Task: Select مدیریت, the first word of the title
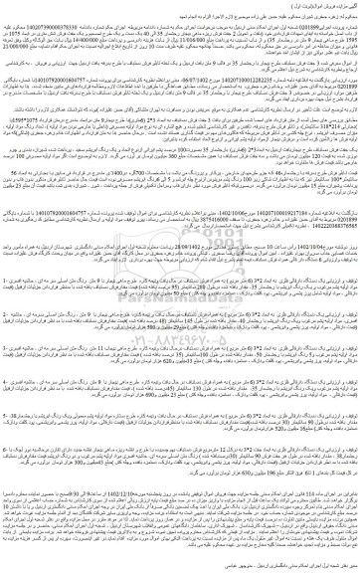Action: (342, 5)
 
